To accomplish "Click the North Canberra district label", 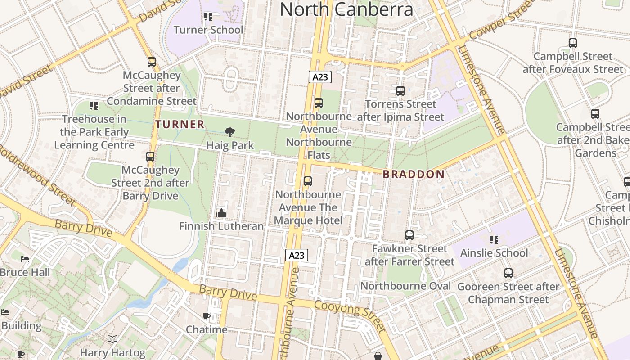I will pos(346,9).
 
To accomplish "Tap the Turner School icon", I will pos(208,17).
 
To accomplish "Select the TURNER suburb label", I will pos(180,124).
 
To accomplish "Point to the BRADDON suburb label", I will pos(414,174).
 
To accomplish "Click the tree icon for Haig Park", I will pos(230,132).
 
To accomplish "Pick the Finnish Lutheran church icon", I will pos(221,213).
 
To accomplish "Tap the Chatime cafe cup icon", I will pos(207,316).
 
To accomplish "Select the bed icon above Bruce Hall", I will pos(25,259).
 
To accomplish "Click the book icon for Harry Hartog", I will pos(112,339).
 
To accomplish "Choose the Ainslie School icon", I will pos(494,240).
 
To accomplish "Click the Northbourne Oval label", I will pos(405,286).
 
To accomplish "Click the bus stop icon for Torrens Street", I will pos(400,91).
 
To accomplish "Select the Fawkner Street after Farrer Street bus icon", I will pos(409,235).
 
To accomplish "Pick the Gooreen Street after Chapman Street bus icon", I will pos(508,273).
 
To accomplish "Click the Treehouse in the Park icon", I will pos(94,106).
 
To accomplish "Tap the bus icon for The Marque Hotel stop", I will pos(308,181).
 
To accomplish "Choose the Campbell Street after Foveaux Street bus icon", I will pos(572,43).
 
